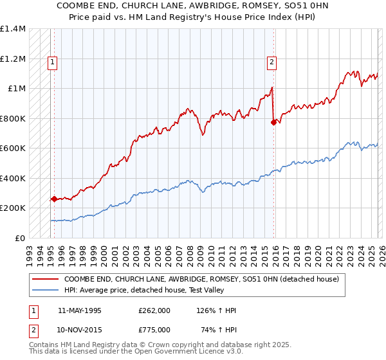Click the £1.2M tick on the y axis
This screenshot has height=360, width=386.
(x=12, y=59)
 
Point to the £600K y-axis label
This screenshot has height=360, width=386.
(x=12, y=148)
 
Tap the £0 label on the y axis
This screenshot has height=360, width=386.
(x=19, y=238)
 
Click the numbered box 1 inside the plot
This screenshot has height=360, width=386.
(x=51, y=62)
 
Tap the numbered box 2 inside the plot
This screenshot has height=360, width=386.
(x=271, y=62)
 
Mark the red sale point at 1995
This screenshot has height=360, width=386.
(x=54, y=199)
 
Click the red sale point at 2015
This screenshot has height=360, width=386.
(x=273, y=122)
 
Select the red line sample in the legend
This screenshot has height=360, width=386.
(x=45, y=280)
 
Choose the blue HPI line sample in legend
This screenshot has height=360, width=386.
(x=45, y=290)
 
